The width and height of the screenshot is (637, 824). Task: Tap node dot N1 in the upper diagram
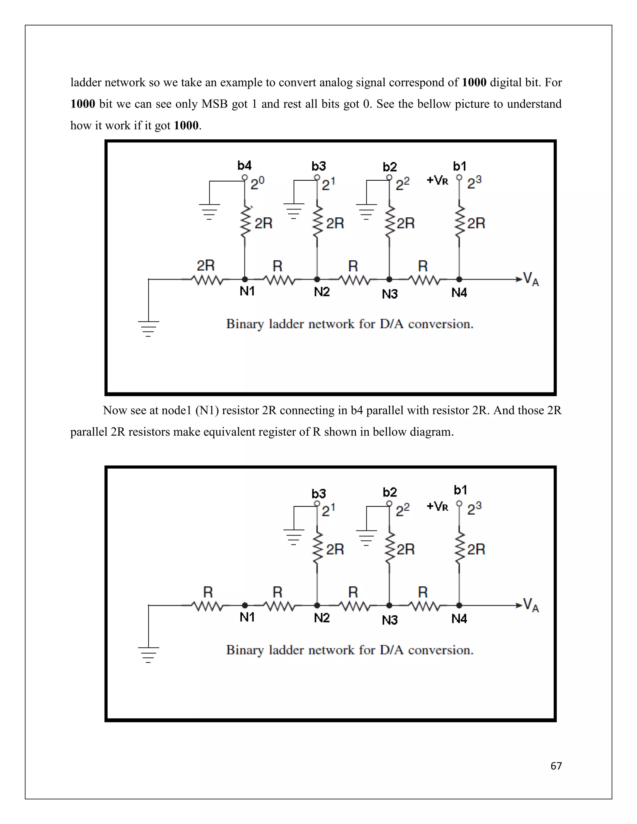tap(244, 279)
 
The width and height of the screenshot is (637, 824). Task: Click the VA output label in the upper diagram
tap(531, 279)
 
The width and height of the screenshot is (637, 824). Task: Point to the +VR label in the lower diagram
tap(437, 506)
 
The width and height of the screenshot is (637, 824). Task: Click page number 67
tap(556, 766)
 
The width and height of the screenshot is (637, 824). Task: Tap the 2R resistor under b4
tap(245, 223)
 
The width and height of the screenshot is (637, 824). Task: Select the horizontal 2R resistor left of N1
tap(207, 280)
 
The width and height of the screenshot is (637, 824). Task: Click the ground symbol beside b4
tap(209, 211)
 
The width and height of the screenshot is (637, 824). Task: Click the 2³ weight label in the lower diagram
tap(474, 509)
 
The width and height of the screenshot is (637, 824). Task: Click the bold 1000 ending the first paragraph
tap(186, 125)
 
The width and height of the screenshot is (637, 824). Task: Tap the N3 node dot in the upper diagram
tap(389, 279)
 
